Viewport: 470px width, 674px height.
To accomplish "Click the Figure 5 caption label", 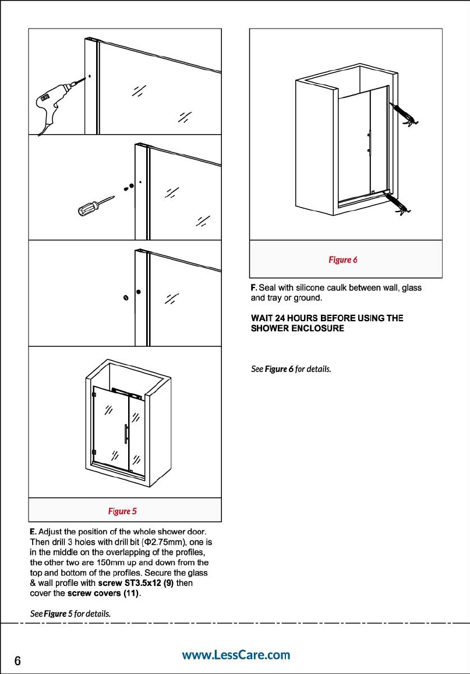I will (x=122, y=511).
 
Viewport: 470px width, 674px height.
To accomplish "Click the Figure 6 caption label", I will (x=342, y=259).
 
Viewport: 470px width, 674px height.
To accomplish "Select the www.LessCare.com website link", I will (x=236, y=655).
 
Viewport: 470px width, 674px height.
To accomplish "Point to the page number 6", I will (x=17, y=661).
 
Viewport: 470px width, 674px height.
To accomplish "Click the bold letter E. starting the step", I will (x=33, y=532).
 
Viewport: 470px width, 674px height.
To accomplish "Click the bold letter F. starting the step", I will (x=253, y=287).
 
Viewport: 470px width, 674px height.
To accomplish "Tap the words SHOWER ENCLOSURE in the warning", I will (x=297, y=328).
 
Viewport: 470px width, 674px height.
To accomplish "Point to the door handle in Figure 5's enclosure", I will (x=126, y=434).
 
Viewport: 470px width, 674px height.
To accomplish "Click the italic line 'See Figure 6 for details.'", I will (x=291, y=369).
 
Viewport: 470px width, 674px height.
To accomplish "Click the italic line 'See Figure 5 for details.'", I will (x=70, y=614).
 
